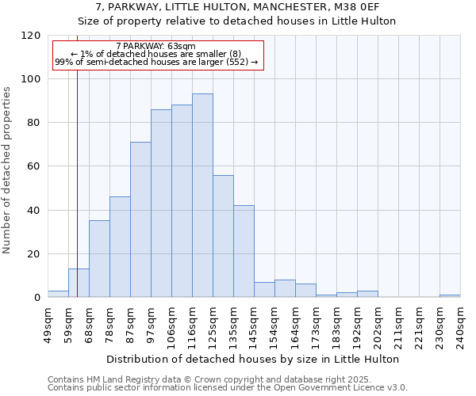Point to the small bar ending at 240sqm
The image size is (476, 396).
pyautogui.click(x=450, y=295)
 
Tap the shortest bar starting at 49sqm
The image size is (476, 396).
pyautogui.click(x=58, y=294)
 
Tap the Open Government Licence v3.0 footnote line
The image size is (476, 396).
pyautogui.click(x=228, y=387)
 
